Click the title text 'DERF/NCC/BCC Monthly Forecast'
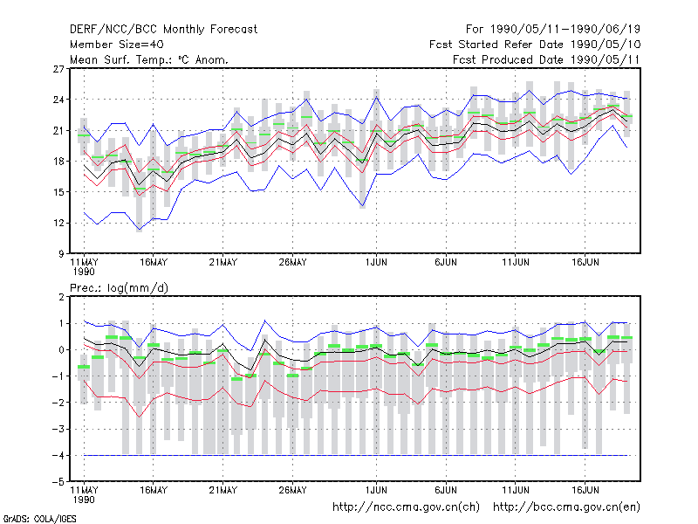[163, 30]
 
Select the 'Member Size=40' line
[117, 45]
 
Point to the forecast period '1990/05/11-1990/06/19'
[565, 30]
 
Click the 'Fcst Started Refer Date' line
[535, 45]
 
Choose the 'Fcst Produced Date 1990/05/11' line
[546, 59]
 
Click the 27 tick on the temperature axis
[58, 69]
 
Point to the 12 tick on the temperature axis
[58, 223]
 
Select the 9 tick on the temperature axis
[61, 254]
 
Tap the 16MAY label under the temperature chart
[154, 263]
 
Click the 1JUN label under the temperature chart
[376, 263]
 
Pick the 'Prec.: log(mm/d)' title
[119, 288]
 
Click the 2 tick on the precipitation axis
[61, 297]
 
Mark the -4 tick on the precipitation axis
[58, 455]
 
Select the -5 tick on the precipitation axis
[58, 482]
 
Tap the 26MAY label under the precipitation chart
[293, 490]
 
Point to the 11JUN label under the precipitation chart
[516, 490]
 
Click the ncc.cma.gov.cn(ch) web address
[406, 507]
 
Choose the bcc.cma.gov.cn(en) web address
[566, 507]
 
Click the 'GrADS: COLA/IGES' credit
[39, 519]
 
